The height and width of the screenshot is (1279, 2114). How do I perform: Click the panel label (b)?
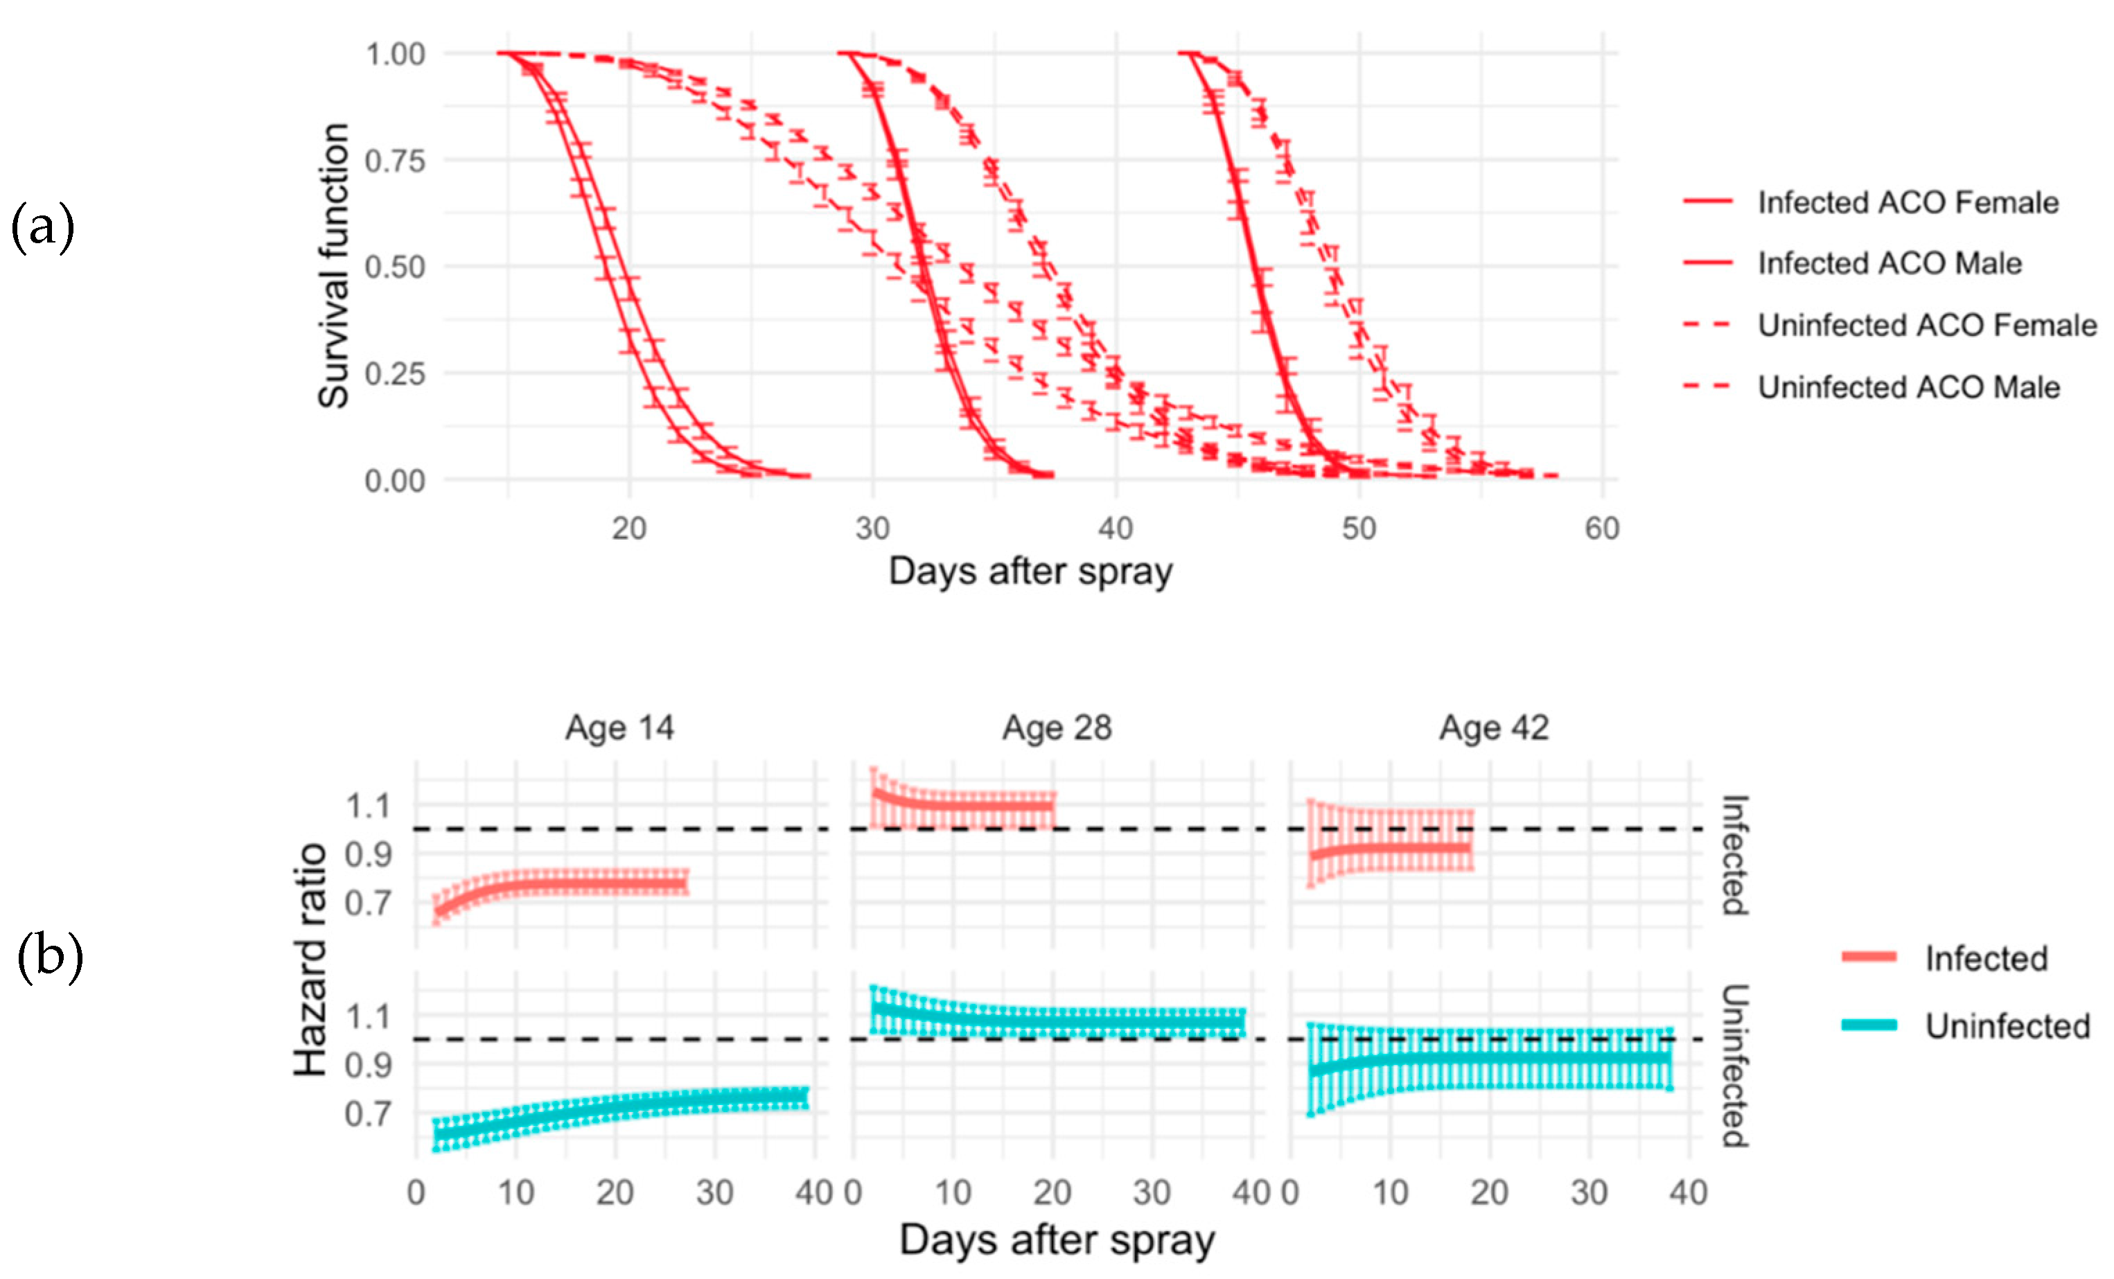coord(50,956)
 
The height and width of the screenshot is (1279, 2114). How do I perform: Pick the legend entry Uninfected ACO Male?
coord(1908,387)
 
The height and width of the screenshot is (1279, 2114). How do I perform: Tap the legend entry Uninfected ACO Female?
coord(1926,325)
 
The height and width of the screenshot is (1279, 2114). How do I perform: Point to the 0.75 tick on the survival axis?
coord(395,161)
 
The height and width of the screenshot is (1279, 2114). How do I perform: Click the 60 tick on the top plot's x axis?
coord(1601,529)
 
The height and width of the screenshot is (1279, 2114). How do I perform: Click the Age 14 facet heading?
coord(619,727)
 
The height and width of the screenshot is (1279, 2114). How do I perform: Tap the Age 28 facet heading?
coord(1057,727)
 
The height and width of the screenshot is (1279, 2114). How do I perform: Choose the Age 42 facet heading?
coord(1494,727)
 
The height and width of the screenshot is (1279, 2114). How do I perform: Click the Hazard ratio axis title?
coord(310,959)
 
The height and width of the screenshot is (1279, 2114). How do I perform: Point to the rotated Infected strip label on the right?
coord(1735,855)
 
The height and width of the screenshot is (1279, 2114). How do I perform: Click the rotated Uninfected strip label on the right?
coord(1735,1066)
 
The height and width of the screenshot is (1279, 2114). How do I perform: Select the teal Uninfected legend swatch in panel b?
coord(1869,1025)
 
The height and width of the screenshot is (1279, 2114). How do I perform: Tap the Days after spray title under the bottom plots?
coord(1057,1240)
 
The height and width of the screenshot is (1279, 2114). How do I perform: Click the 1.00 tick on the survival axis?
coord(395,55)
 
